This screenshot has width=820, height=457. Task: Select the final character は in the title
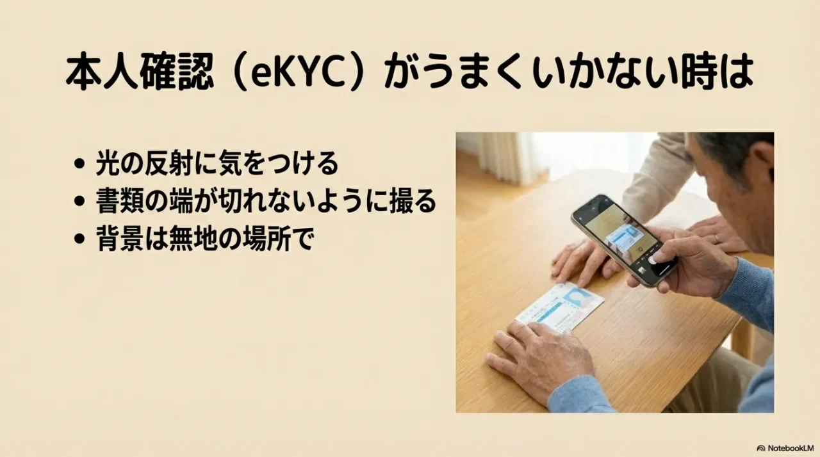[735, 74]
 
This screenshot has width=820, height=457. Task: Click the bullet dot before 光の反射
[79, 165]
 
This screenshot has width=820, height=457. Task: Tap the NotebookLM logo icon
[761, 447]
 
